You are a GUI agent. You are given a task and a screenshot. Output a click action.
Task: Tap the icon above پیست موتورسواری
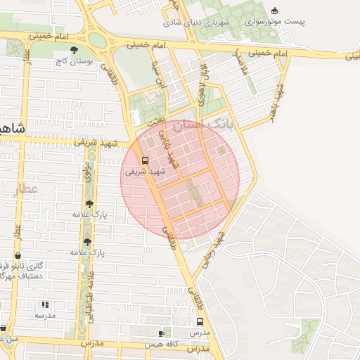(x=274, y=10)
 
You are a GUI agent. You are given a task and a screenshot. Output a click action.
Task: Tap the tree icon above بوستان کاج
(x=74, y=50)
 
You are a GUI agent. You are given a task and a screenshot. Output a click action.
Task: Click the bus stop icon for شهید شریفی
(x=145, y=160)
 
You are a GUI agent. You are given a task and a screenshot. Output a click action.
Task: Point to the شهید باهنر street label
(x=280, y=101)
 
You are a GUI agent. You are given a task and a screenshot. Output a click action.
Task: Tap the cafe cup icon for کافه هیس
(x=161, y=333)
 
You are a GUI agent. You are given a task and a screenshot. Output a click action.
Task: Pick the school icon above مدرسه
(x=44, y=304)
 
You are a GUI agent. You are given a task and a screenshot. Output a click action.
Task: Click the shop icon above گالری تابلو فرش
(x=18, y=256)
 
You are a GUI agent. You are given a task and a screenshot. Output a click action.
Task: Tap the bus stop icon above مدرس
(x=200, y=321)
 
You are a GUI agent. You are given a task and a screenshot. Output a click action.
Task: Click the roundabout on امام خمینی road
(x=98, y=40)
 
